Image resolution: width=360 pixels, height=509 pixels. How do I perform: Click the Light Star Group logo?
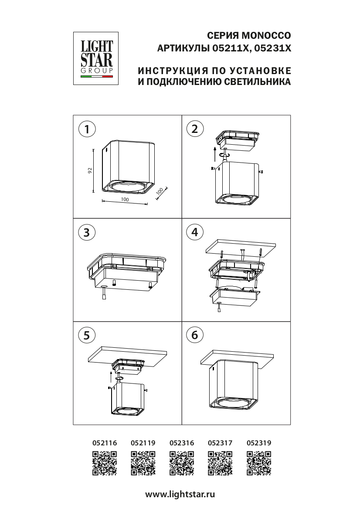(x=96, y=58)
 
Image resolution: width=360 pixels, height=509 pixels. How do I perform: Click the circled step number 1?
(x=87, y=129)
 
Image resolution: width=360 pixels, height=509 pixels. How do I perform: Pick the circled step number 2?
(x=195, y=129)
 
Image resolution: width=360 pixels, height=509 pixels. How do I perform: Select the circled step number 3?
(x=87, y=232)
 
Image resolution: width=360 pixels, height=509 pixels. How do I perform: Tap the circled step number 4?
(x=195, y=232)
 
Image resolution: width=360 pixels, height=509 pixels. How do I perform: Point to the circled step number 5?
(x=87, y=335)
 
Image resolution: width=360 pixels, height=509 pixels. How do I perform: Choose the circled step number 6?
(x=195, y=335)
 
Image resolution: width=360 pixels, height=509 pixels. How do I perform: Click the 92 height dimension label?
(x=90, y=170)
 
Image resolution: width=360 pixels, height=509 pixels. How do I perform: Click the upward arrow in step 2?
(x=214, y=154)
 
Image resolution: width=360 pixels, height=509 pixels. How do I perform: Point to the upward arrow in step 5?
(x=111, y=377)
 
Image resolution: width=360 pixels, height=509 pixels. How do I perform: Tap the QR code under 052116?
(x=105, y=463)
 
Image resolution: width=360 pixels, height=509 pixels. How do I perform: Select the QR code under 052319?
(x=259, y=463)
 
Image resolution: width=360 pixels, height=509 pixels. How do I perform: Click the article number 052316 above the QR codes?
(x=182, y=443)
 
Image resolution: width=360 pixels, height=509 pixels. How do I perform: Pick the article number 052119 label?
(x=143, y=443)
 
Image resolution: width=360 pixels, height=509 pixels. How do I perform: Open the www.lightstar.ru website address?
(x=180, y=494)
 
